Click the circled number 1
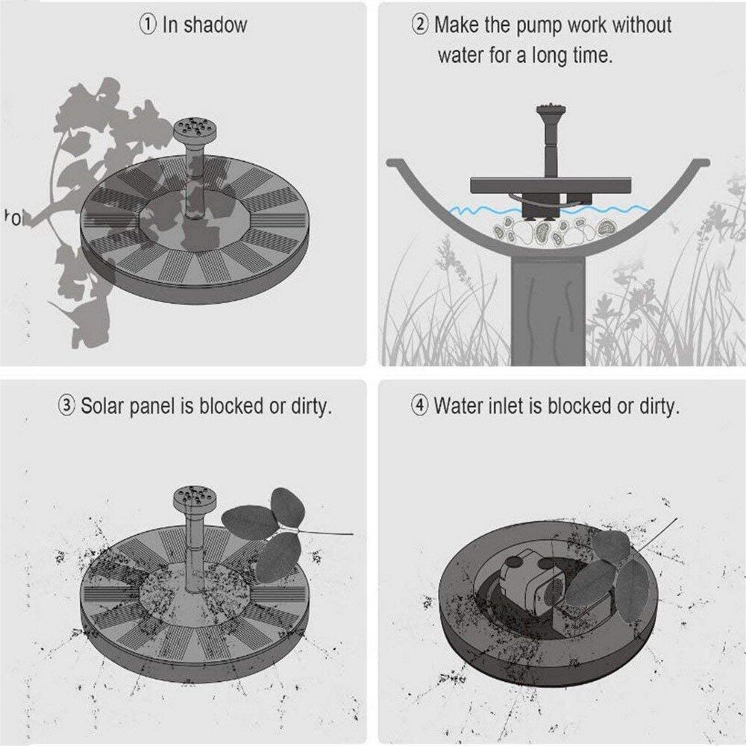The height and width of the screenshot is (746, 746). coord(148,25)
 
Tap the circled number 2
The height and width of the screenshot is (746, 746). coord(419,25)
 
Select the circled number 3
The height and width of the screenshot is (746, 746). coord(66,406)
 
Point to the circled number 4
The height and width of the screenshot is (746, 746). coord(419,406)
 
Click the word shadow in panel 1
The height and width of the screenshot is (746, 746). coord(216,25)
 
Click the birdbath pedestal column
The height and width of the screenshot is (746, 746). coord(548,310)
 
